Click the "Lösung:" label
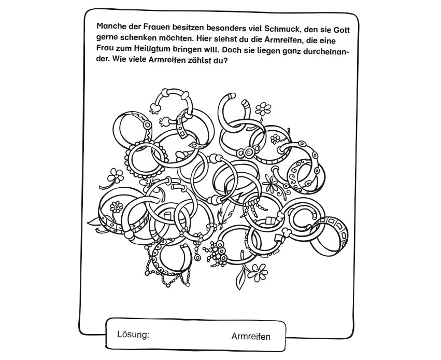pyautogui.click(x=133, y=335)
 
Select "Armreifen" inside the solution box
pyautogui.click(x=251, y=337)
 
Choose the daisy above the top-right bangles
pyautogui.click(x=264, y=108)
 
